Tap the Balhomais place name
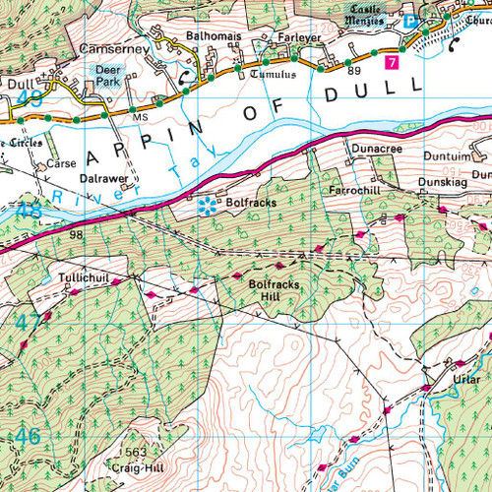pos(214,36)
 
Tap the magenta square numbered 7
pos(392,62)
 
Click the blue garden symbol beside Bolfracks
pos(207,205)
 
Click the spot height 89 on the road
pos(353,71)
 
